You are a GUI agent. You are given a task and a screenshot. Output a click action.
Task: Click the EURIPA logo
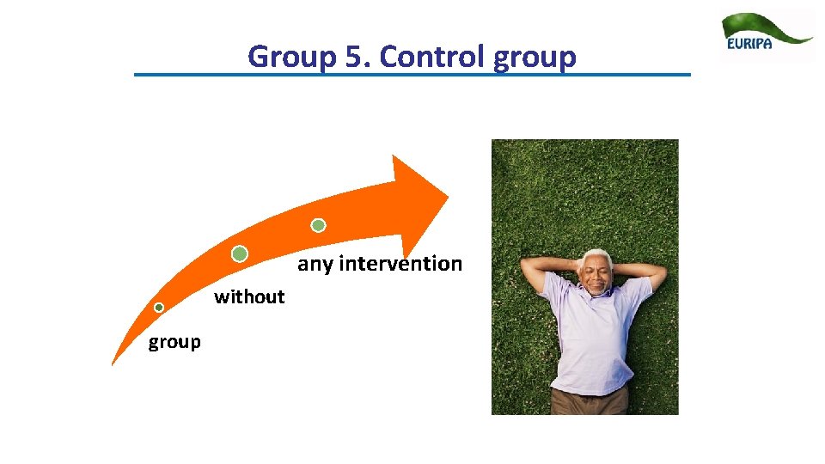pyautogui.click(x=767, y=36)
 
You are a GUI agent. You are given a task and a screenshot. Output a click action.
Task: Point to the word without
pyautogui.click(x=249, y=297)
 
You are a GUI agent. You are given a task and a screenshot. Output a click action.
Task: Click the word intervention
pyautogui.click(x=400, y=264)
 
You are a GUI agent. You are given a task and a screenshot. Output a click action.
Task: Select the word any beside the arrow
pyautogui.click(x=315, y=264)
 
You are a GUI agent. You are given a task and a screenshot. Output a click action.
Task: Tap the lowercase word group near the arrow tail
pyautogui.click(x=174, y=342)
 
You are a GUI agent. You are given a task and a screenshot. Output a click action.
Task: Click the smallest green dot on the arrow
pyautogui.click(x=159, y=308)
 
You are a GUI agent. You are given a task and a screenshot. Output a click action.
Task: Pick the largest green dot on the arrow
pyautogui.click(x=240, y=253)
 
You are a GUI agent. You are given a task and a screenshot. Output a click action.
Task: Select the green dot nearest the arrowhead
pyautogui.click(x=318, y=225)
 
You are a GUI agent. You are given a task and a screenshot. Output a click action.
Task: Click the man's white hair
pyautogui.click(x=595, y=257)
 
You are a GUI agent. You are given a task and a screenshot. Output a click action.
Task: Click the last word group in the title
pyautogui.click(x=535, y=57)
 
